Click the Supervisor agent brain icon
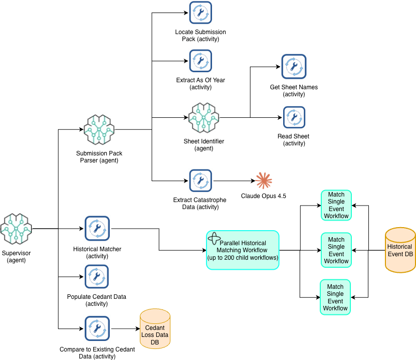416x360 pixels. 16,229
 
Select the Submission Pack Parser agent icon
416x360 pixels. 99,130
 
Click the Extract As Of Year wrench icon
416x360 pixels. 200,61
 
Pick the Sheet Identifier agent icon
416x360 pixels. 204,118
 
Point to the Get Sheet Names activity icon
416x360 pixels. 294,67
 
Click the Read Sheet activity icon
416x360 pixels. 294,118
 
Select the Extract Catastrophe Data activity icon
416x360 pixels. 200,181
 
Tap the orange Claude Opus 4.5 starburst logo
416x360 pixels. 264,181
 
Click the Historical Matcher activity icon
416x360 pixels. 97,229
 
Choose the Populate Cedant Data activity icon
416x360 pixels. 97,277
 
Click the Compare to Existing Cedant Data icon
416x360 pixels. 97,329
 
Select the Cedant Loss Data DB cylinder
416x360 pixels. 155,329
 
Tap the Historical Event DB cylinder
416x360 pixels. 400,250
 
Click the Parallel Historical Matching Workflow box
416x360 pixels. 243,250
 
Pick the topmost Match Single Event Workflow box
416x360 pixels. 336,205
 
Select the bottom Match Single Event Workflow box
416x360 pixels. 335,297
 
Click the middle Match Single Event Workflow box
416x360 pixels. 336,250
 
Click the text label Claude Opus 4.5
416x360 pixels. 264,196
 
